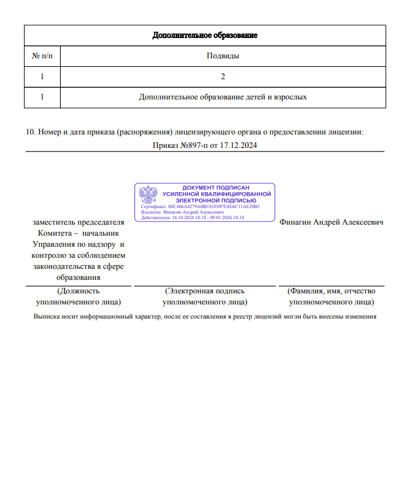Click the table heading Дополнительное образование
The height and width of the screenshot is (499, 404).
click(205, 35)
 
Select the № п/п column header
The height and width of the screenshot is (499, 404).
click(42, 56)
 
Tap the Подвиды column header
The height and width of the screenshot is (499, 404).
click(223, 56)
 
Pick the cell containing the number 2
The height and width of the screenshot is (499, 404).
click(223, 77)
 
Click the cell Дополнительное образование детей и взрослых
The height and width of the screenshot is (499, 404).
click(223, 97)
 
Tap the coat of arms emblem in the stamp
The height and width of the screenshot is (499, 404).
click(148, 196)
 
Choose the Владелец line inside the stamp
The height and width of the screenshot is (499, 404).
click(182, 212)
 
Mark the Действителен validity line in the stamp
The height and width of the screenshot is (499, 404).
click(193, 218)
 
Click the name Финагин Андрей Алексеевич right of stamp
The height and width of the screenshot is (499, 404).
click(332, 222)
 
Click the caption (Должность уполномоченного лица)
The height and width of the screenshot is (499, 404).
click(78, 296)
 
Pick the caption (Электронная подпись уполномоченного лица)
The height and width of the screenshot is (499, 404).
click(205, 296)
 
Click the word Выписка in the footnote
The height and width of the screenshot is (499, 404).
click(46, 317)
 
